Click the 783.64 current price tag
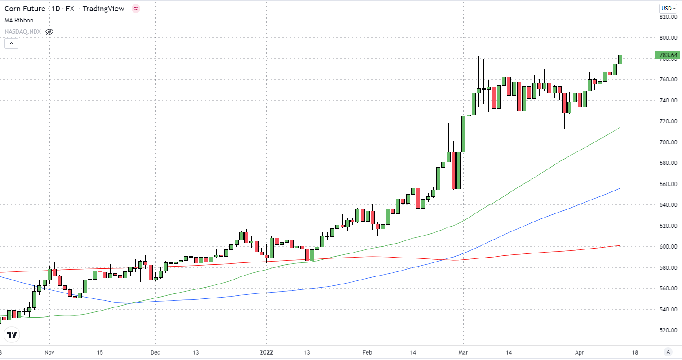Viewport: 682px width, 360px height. [x=668, y=55]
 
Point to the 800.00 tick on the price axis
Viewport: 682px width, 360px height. [x=668, y=38]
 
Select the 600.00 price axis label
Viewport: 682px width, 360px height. [x=668, y=247]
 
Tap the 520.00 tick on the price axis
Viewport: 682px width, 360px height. [x=668, y=330]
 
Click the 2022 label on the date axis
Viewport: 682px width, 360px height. [x=267, y=352]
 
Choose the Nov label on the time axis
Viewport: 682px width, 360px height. [x=49, y=352]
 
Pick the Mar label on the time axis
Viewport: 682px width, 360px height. [x=463, y=352]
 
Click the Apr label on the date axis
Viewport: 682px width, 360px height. [x=579, y=352]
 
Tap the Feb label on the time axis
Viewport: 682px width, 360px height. [x=367, y=352]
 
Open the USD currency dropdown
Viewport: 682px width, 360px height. [x=668, y=9]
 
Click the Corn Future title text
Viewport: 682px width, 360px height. [x=25, y=9]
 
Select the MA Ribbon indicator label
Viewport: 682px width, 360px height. [x=19, y=20]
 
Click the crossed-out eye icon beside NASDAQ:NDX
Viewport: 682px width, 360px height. [x=49, y=32]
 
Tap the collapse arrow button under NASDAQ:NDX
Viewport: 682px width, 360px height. [x=11, y=44]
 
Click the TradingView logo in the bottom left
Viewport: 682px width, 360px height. [x=12, y=335]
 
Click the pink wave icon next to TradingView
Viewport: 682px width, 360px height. [x=136, y=9]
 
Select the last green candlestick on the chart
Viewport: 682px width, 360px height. [x=620, y=59]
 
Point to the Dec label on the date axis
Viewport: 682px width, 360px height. [x=155, y=352]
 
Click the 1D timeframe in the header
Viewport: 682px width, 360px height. [x=56, y=9]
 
